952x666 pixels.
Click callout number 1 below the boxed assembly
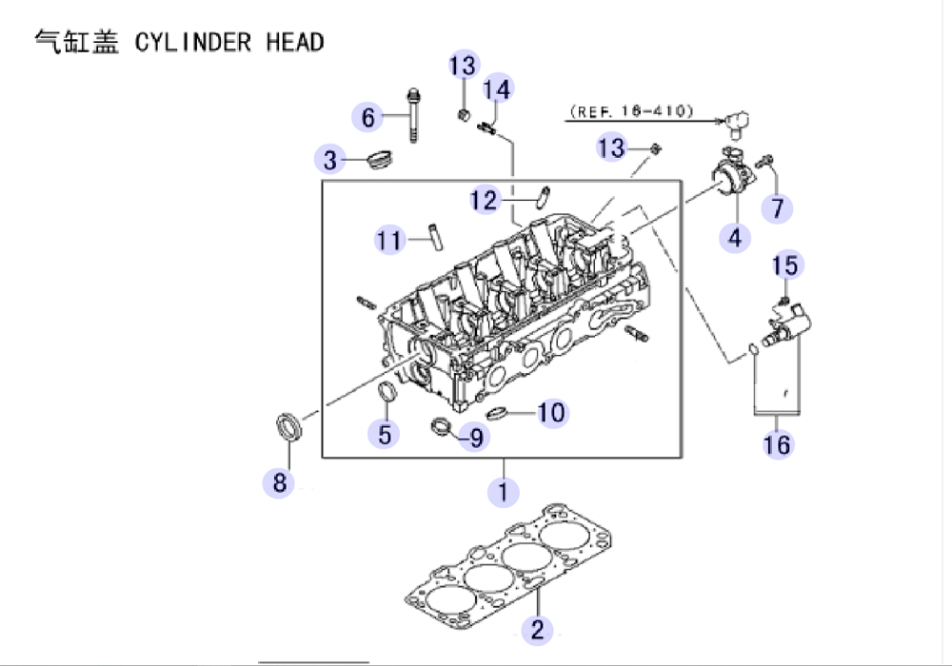[x=503, y=491]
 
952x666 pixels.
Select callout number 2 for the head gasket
[x=537, y=629]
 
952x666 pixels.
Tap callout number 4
[x=735, y=238]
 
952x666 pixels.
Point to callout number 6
[x=367, y=117]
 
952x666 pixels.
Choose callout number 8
[x=279, y=482]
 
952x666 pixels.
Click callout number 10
[x=551, y=413]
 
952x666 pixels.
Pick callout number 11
[x=389, y=240]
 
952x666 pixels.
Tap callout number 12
[x=484, y=201]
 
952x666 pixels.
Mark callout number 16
[x=777, y=444]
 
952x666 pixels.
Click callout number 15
[x=784, y=265]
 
